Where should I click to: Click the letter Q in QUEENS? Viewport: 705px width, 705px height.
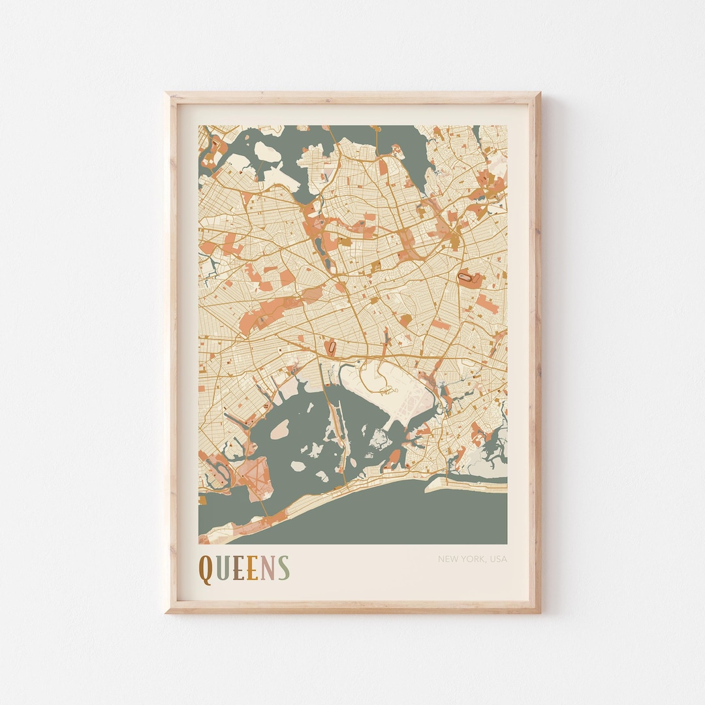tap(206, 569)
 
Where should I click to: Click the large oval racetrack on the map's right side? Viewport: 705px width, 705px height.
tap(469, 279)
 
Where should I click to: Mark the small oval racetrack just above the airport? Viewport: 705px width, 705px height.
tap(333, 347)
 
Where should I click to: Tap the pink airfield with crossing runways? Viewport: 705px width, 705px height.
tap(249, 471)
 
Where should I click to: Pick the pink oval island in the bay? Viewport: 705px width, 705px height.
tap(279, 429)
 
